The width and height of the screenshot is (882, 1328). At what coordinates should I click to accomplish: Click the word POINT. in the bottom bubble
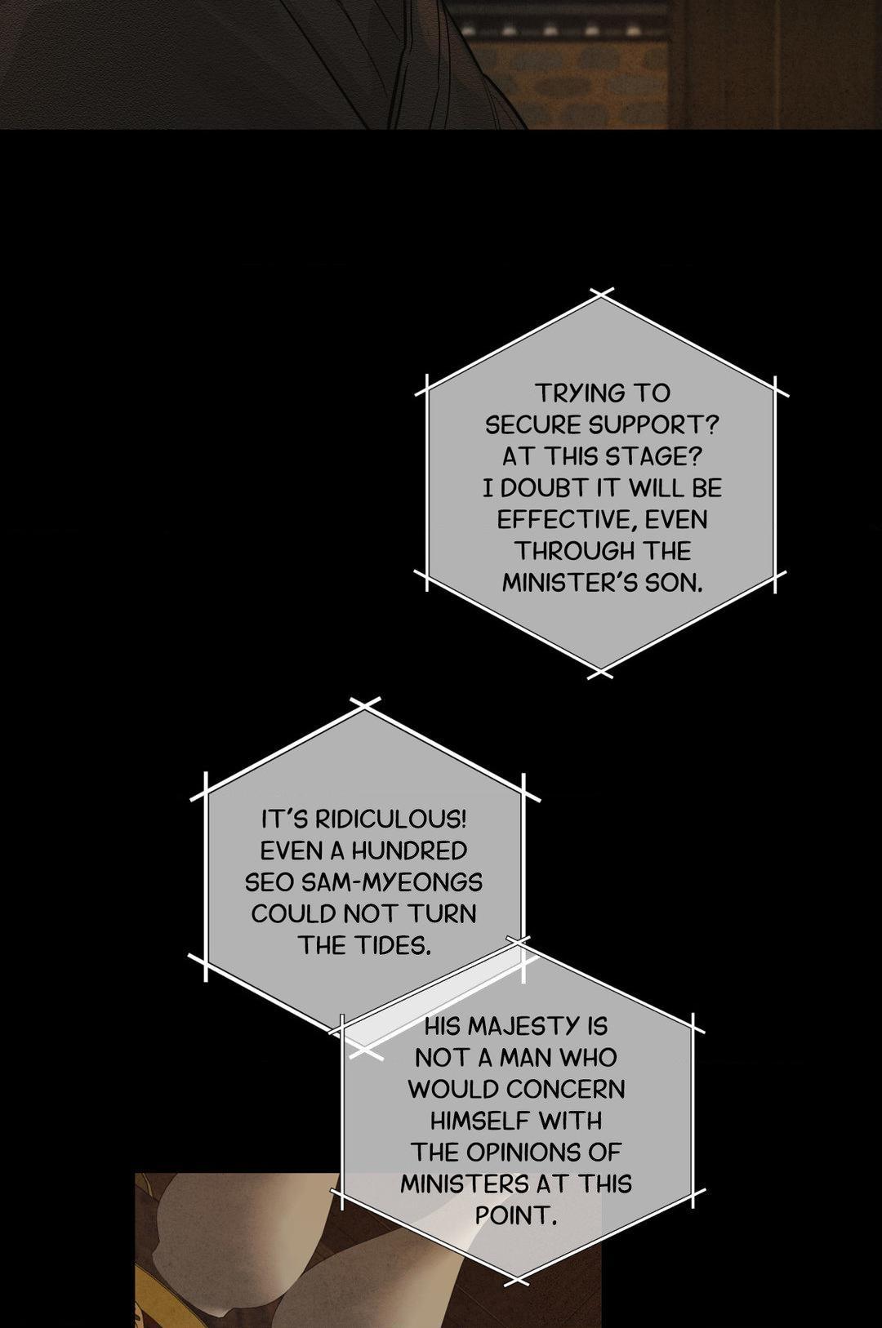pos(516,1215)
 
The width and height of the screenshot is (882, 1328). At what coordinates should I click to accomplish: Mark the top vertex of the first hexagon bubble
pos(602,295)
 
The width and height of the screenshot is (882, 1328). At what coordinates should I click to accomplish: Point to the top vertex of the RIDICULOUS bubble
pos(364,706)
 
